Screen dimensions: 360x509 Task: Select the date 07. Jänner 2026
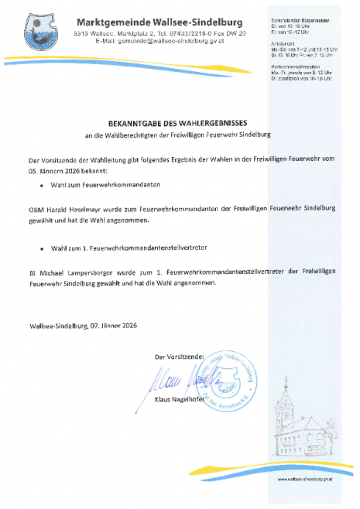pyautogui.click(x=113, y=326)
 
